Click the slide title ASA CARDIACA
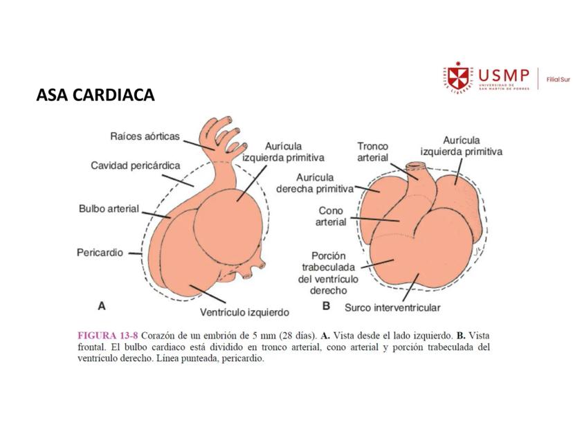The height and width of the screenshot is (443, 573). coord(95,97)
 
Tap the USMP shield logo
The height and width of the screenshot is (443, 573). coord(456,80)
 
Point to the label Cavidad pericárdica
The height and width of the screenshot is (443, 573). coord(136,165)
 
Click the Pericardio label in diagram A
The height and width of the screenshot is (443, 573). coord(100,253)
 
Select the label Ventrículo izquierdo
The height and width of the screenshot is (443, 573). coord(244,311)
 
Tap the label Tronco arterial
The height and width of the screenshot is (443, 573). coord(372,152)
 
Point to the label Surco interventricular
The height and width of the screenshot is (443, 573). coord(391,307)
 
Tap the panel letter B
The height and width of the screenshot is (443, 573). coord(325,305)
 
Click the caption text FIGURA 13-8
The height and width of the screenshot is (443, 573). coord(107,335)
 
